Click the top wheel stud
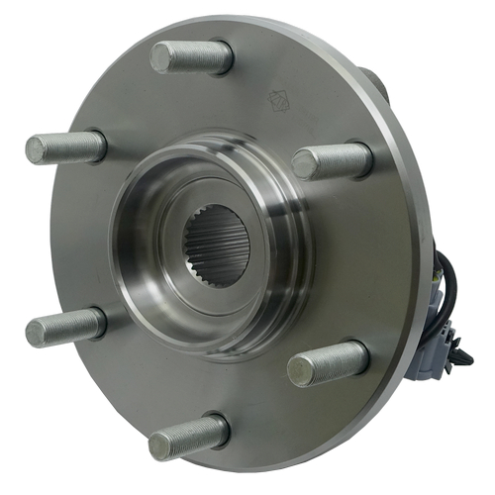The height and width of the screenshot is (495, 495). point(193,56)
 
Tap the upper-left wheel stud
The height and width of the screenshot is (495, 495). point(66,148)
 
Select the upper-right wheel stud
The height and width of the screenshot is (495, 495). point(333,159)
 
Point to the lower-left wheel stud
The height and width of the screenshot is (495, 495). point(66,326)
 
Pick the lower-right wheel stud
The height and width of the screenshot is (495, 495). point(328,362)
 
